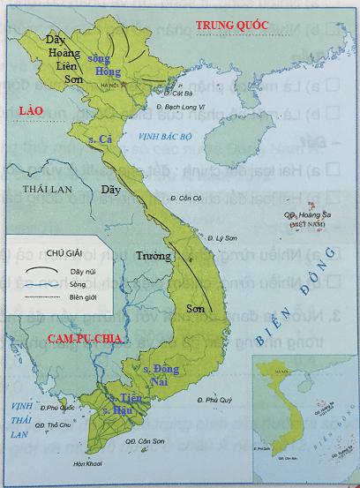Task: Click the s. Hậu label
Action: pyautogui.click(x=117, y=411)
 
